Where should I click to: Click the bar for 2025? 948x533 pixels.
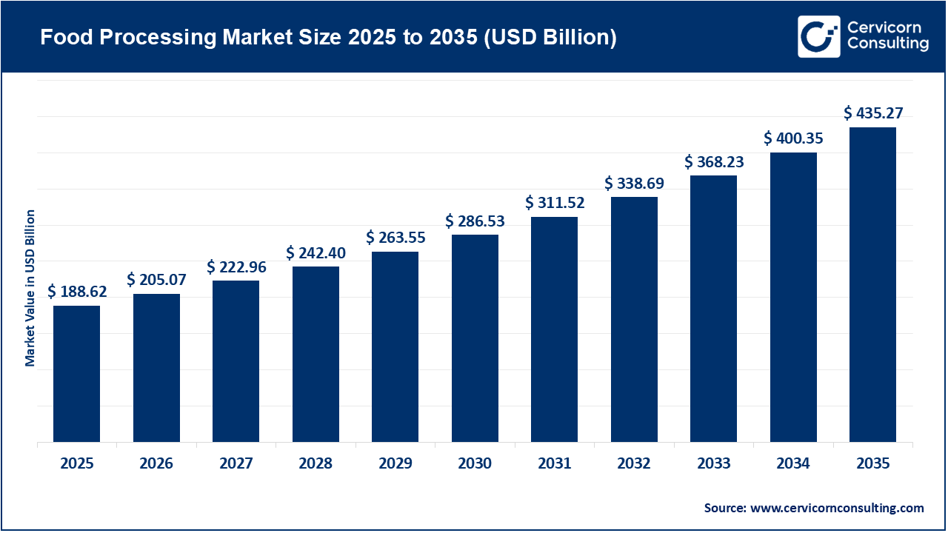tap(76, 374)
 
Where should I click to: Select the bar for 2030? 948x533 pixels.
tap(475, 338)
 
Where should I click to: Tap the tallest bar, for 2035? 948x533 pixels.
tap(872, 285)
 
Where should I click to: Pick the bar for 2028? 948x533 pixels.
tap(316, 354)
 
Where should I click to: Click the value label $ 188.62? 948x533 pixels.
tap(77, 292)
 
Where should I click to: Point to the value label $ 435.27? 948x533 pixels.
tap(873, 113)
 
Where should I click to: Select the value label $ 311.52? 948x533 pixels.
tap(555, 202)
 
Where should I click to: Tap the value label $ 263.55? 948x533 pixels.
tap(395, 238)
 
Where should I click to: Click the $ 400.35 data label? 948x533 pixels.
tap(793, 138)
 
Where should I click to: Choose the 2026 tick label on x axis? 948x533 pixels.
tap(156, 464)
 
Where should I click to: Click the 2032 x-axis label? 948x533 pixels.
tap(634, 464)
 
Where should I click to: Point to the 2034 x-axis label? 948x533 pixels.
tap(793, 464)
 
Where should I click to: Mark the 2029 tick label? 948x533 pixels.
tap(395, 464)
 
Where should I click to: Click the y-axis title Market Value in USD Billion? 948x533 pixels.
tap(30, 288)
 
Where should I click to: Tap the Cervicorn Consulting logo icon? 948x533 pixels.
tap(818, 36)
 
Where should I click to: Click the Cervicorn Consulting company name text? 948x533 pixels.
tap(887, 36)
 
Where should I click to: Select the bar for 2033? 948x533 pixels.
tap(713, 309)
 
